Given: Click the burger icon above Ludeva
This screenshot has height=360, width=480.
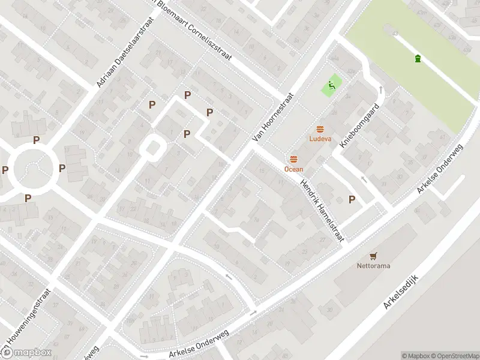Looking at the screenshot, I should click(x=320, y=129).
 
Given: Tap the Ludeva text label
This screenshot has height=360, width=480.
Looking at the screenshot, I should click(x=320, y=139).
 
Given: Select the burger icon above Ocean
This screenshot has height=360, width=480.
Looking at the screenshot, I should click(x=293, y=159).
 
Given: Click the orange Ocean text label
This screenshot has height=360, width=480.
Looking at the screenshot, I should click(x=293, y=169).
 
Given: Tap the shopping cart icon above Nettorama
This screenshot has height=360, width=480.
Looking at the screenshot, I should click(x=374, y=256).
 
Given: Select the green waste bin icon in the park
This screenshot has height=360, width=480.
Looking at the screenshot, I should click(x=418, y=58).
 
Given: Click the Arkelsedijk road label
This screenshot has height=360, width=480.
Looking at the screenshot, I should click(x=404, y=298).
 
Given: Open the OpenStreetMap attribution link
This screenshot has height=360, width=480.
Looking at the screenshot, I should click(x=455, y=356).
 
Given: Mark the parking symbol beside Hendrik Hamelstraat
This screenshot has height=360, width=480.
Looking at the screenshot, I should click(x=352, y=200).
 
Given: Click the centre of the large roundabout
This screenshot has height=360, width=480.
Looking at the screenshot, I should click(x=32, y=169).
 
